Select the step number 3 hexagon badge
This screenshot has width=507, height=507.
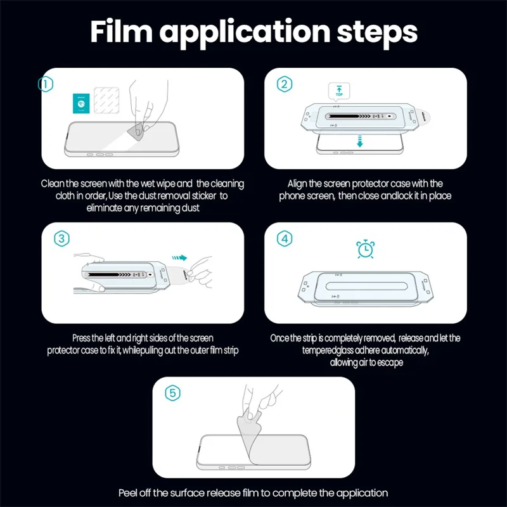(x=61, y=238)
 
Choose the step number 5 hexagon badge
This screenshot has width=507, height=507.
(x=173, y=393)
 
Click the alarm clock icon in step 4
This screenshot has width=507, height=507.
(x=364, y=249)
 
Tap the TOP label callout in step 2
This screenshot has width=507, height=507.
(x=338, y=93)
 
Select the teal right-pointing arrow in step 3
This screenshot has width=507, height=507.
(x=181, y=257)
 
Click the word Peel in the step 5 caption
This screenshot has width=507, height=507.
(x=129, y=492)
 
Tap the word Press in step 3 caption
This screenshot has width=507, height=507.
(x=85, y=338)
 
